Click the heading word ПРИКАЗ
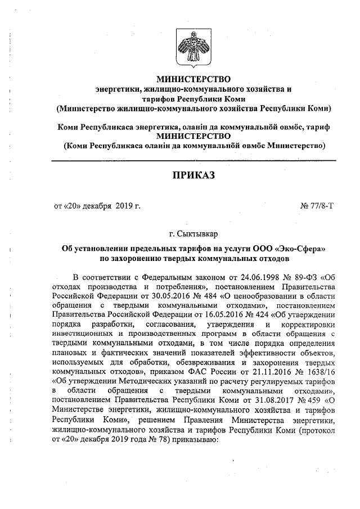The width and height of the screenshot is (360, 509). pos(193,177)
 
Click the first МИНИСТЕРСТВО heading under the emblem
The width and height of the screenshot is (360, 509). pos(193,79)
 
